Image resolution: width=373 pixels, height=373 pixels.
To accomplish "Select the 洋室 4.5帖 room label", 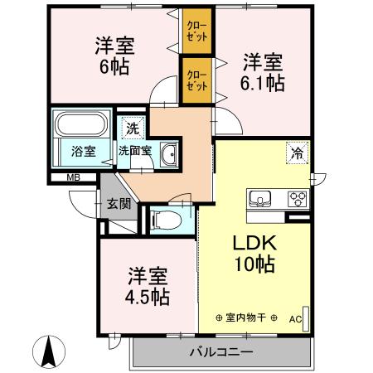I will coord(148,286).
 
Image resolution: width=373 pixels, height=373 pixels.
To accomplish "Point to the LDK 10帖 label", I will coord(253,254).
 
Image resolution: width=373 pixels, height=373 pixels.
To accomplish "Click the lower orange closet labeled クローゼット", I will coord(196,80).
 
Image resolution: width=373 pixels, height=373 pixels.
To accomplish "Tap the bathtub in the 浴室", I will coord(80,126).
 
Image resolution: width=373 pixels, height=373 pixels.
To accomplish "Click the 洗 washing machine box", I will coord(131,128).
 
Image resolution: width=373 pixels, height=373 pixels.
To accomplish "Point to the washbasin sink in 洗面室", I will coord(168,154).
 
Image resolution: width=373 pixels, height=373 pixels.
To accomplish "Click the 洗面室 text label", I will coord(134,152).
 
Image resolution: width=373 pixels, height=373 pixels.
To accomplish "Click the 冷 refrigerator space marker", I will coord(296,152).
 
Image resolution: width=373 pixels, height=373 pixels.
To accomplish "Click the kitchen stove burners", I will coord(297,198).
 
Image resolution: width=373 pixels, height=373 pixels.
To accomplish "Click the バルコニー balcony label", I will coord(221,352).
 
